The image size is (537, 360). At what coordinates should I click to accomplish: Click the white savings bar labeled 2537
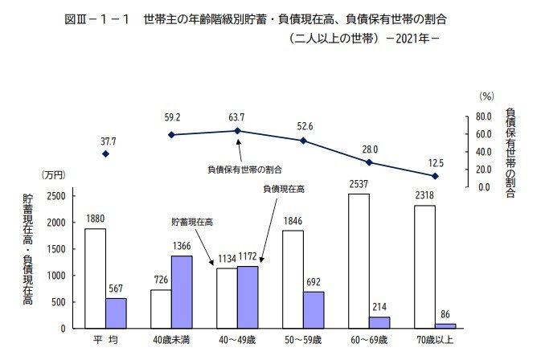coord(359,260)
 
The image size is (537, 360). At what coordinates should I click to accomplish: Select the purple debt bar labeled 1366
coord(182,292)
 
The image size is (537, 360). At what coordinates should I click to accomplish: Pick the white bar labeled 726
coord(161,309)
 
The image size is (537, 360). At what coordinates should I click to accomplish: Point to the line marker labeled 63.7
coord(237,130)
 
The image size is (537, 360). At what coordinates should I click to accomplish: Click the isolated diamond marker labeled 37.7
coord(105,153)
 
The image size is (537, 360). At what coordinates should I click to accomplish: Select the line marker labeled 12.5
coord(435,175)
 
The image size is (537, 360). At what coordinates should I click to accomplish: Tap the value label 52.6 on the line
coord(303,125)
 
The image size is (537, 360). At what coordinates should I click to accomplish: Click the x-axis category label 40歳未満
coord(171,341)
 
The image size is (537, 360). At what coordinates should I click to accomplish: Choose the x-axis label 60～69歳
coord(369,341)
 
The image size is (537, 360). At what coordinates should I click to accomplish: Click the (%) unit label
coord(486,96)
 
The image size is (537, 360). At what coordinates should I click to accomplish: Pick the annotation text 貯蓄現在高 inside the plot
coord(192,221)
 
